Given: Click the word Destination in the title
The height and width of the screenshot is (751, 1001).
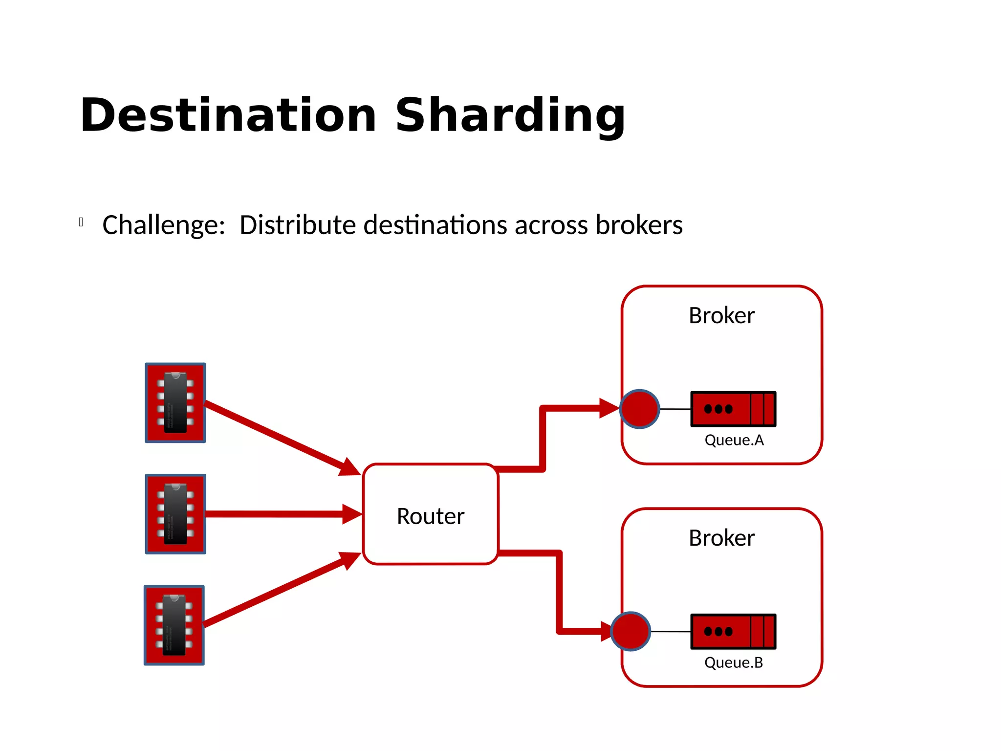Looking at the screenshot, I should click(228, 115).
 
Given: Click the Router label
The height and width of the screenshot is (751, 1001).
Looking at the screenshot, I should click(430, 516).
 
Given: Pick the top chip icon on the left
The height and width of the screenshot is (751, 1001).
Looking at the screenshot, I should click(175, 403).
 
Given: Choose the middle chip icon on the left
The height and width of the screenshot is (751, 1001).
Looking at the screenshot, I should click(175, 514).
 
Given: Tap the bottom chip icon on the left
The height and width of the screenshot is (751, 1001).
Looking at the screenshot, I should click(174, 625).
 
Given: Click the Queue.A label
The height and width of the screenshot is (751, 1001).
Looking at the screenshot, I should click(734, 441).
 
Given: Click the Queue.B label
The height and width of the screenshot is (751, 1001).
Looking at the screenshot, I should click(733, 663).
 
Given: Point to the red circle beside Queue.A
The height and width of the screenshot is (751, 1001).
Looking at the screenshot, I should click(639, 409).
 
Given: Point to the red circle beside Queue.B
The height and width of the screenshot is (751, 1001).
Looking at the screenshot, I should click(631, 631).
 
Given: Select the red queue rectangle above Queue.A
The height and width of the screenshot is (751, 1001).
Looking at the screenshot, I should click(733, 409).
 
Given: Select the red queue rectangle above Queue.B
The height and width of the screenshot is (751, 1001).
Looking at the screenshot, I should click(733, 631).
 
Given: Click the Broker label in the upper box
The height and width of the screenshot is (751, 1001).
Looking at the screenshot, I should click(721, 316).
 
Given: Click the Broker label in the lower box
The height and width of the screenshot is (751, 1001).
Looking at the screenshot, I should click(721, 538).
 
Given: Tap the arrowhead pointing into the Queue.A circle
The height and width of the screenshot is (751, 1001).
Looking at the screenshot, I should click(609, 408).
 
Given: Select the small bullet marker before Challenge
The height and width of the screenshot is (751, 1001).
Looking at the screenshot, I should click(81, 222).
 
